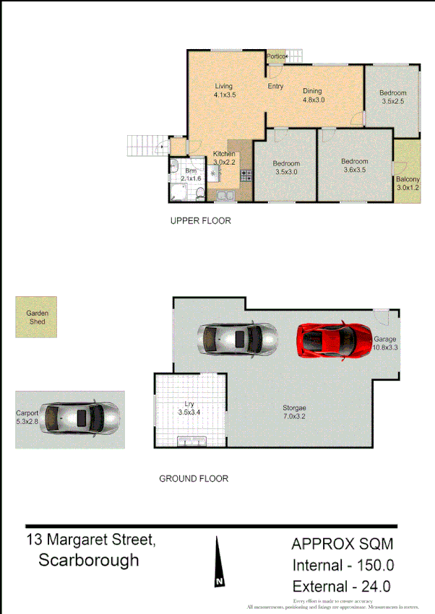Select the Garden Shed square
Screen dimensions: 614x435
click(36, 317)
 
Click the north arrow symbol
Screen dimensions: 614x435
click(217, 563)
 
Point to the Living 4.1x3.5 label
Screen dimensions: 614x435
click(224, 90)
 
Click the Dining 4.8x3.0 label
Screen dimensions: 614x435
click(313, 95)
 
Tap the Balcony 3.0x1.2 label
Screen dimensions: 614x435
click(408, 183)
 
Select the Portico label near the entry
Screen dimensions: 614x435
click(275, 56)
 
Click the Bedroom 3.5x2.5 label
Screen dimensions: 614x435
click(392, 97)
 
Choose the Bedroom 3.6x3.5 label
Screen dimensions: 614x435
click(354, 165)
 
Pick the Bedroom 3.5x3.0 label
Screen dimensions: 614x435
click(285, 168)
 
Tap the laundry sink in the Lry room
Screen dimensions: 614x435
click(192, 441)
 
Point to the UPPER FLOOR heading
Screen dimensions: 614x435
click(200, 221)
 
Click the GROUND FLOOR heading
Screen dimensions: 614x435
click(193, 478)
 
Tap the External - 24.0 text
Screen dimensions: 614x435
click(341, 587)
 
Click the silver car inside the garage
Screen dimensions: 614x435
click(238, 338)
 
